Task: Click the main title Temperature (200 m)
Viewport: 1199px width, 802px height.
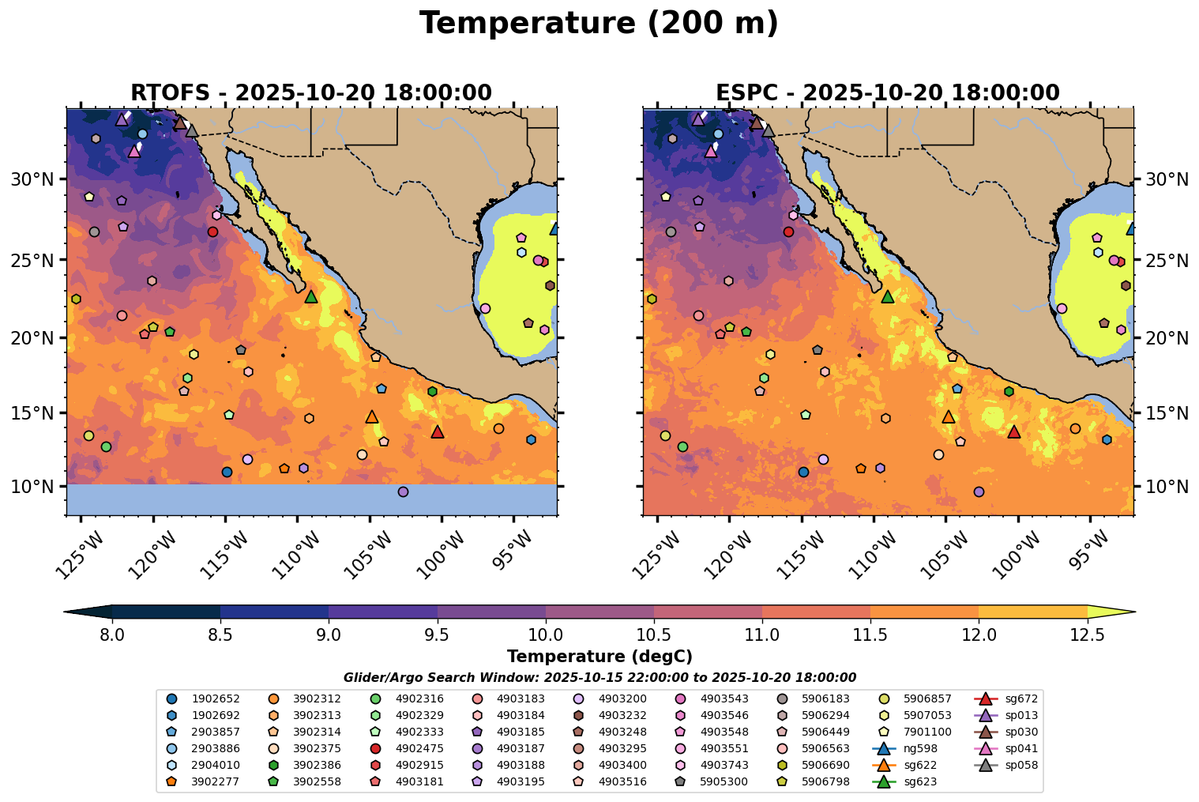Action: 599,24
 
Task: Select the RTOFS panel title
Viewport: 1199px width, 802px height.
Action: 311,92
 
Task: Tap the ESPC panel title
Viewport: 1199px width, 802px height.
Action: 888,92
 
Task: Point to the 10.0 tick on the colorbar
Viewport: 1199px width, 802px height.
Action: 545,634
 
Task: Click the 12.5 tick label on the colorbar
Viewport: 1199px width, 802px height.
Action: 1087,634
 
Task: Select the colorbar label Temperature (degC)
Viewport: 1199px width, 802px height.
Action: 599,657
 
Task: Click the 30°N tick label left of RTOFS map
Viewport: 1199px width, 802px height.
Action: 32,179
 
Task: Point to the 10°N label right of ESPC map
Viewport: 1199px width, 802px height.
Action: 1167,486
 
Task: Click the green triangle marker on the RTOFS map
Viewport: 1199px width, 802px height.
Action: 311,296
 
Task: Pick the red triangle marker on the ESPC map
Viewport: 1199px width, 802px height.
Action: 1014,431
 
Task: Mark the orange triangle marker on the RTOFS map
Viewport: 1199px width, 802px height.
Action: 372,416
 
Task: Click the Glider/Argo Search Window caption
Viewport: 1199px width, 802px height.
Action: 599,678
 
